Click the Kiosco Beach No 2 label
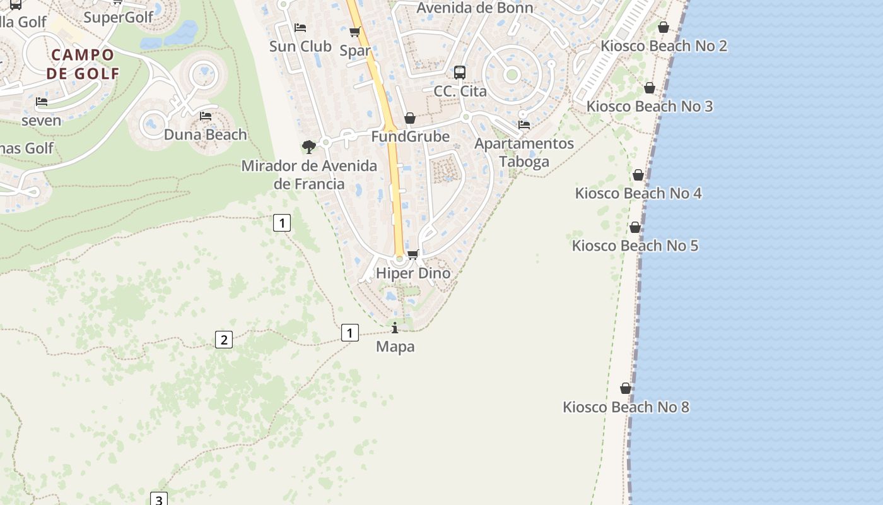coord(664,46)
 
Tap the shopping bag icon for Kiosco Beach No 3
coord(650,88)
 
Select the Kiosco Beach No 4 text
coord(638,193)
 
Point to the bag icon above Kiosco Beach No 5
coord(635,227)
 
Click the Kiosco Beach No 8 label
coord(626,407)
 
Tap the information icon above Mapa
coord(395,328)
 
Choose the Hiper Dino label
coord(413,273)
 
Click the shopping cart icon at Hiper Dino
coord(413,254)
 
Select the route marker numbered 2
coord(223,340)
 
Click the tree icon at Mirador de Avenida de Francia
coord(308,147)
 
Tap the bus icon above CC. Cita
coord(460,73)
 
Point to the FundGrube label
coord(410,137)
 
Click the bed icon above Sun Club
coord(300,28)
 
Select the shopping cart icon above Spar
coord(355,32)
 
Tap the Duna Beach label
coord(206,134)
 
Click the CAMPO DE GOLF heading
coord(83,64)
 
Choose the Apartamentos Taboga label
coord(524,152)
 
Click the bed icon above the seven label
coord(42,102)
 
